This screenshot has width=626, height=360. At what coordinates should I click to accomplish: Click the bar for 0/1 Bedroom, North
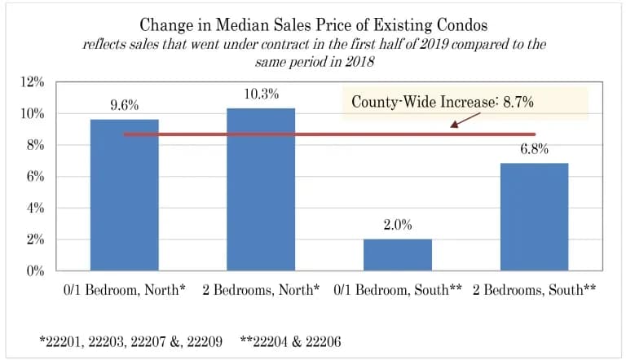(124, 195)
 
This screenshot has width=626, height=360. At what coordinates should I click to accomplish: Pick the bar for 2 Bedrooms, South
(534, 217)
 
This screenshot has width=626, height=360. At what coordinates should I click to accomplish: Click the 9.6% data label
(124, 105)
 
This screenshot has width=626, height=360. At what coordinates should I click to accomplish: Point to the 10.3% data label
(261, 94)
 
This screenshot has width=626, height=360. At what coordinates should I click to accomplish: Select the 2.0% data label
(397, 225)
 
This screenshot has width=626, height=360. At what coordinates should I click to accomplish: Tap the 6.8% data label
(534, 149)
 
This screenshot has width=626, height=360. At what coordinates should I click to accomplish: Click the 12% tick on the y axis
(32, 81)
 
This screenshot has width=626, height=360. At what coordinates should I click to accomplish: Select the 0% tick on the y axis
(35, 271)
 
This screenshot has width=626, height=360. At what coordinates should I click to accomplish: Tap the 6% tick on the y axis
(35, 177)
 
